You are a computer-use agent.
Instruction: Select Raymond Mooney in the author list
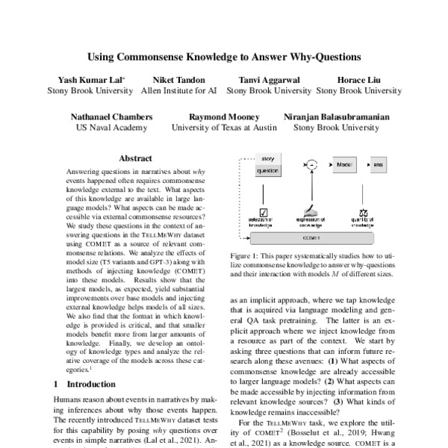(224, 116)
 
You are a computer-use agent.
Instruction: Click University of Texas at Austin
(224, 128)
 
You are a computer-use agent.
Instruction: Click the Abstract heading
(135, 158)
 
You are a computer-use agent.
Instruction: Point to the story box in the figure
(267, 158)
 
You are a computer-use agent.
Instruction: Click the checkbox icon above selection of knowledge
(262, 214)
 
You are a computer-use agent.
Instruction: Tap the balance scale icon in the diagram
(364, 214)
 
